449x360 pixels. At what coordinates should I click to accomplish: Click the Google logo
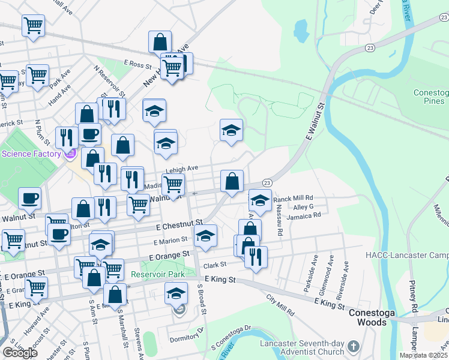click(x=20, y=353)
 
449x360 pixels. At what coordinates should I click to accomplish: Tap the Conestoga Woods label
click(x=368, y=317)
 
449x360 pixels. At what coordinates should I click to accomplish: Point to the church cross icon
click(x=354, y=347)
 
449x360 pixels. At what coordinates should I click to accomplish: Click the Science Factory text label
click(x=31, y=154)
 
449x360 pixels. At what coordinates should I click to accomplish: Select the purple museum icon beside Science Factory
click(x=70, y=154)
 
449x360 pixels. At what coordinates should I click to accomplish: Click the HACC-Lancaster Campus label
click(x=407, y=255)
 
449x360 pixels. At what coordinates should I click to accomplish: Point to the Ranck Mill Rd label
click(x=294, y=198)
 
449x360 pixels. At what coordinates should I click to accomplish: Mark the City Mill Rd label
click(x=280, y=304)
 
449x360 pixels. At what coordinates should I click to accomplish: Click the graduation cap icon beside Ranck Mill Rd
click(x=260, y=201)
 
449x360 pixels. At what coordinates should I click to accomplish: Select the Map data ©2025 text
click(x=423, y=355)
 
